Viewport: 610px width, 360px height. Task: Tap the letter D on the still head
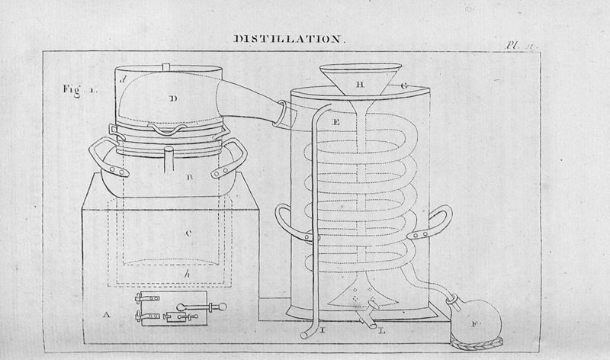tap(173, 98)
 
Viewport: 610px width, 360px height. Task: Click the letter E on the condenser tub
tap(336, 121)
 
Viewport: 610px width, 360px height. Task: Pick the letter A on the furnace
tap(108, 313)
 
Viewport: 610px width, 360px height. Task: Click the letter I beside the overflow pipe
tap(324, 329)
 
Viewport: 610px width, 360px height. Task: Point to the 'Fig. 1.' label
tap(79, 88)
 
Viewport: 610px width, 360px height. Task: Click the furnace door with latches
tap(178, 309)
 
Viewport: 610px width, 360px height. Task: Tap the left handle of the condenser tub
tap(289, 224)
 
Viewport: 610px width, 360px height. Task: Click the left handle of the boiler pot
tap(102, 159)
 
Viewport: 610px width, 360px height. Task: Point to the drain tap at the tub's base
tap(371, 313)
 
